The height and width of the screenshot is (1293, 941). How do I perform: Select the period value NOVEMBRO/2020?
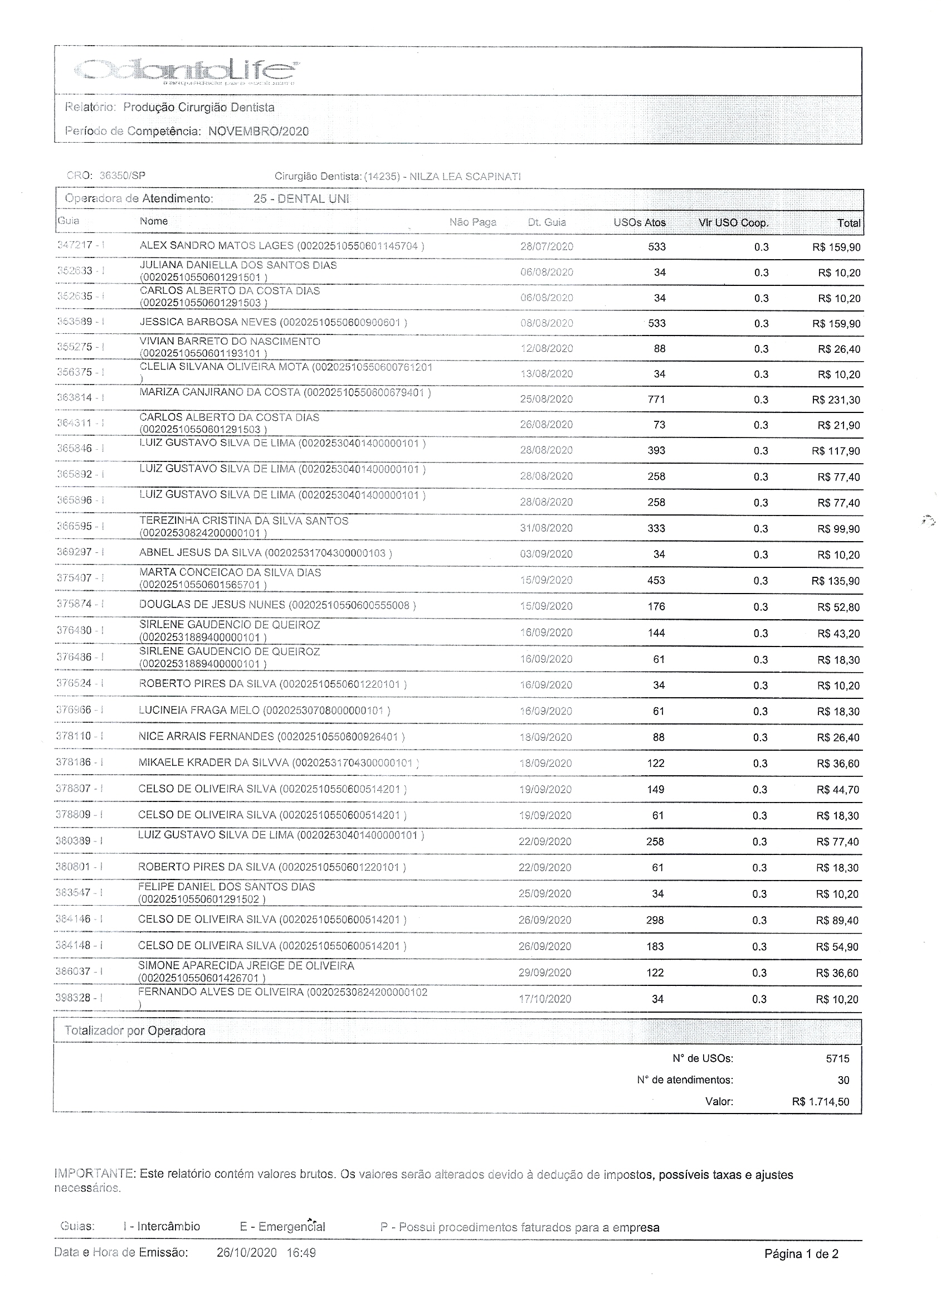pyautogui.click(x=258, y=132)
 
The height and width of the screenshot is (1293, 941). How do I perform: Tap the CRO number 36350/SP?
pyautogui.click(x=122, y=176)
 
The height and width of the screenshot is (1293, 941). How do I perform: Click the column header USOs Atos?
pyautogui.click(x=640, y=222)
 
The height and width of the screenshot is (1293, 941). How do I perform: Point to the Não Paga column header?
pyautogui.click(x=472, y=222)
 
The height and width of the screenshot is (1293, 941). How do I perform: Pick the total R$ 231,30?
pyautogui.click(x=836, y=400)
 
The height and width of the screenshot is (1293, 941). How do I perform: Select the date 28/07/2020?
pyautogui.click(x=547, y=247)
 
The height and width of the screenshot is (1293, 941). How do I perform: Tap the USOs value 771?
pyautogui.click(x=657, y=400)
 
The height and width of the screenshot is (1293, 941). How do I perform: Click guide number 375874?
pyautogui.click(x=75, y=604)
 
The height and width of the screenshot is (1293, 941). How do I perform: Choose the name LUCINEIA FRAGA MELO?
pyautogui.click(x=198, y=711)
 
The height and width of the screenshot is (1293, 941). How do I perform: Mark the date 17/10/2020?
pyautogui.click(x=545, y=999)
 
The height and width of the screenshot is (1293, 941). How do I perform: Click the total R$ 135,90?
pyautogui.click(x=836, y=581)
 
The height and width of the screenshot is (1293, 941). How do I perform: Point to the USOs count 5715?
pyautogui.click(x=837, y=1059)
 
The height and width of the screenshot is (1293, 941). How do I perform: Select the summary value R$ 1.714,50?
pyautogui.click(x=820, y=1102)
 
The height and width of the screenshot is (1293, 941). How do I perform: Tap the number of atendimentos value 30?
pyautogui.click(x=844, y=1080)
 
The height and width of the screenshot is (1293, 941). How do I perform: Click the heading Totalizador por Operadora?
pyautogui.click(x=134, y=1030)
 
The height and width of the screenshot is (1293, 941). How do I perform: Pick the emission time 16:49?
pyautogui.click(x=302, y=1252)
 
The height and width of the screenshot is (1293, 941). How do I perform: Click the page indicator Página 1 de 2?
pyautogui.click(x=801, y=1253)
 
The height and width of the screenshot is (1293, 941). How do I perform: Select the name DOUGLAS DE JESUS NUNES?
pyautogui.click(x=212, y=605)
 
